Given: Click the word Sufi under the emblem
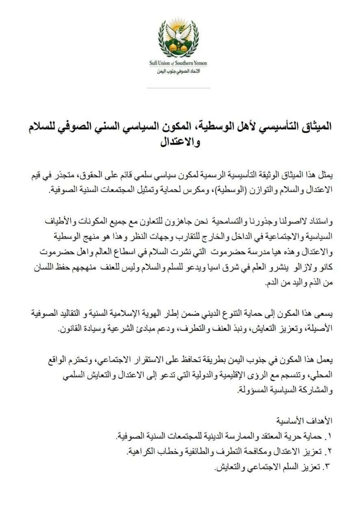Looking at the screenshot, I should tap(155, 63).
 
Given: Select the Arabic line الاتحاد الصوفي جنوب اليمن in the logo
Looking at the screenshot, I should tap(179, 71).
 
